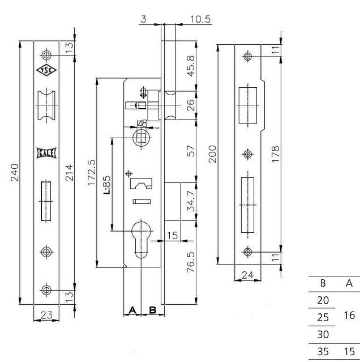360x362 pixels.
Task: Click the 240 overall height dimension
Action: pos(14,172)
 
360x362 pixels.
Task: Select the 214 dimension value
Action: pos(69,172)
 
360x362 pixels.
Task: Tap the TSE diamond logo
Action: pos(46,70)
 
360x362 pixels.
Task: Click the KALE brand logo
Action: pos(46,153)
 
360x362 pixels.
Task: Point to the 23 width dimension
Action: pos(46,315)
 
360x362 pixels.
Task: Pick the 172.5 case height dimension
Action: pos(92,172)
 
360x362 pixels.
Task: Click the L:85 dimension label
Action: pos(107,185)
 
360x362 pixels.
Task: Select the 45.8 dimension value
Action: pos(191,66)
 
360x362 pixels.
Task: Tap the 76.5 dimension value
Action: pos(191,262)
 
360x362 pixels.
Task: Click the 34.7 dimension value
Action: pos(191,201)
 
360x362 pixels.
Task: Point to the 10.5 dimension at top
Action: pos(200,19)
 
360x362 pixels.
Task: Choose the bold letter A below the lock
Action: pos(132,310)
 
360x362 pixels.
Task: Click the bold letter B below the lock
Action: pos(153,310)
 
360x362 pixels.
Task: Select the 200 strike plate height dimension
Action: pos(213,154)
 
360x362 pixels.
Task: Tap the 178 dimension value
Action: pos(275,154)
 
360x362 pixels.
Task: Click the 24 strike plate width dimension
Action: pos(248,275)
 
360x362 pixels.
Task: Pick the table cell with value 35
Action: pos(323,351)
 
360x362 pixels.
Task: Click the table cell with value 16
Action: pos(349,315)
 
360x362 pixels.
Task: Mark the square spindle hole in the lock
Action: pos(141,138)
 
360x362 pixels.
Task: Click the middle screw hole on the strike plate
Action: pos(248,154)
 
